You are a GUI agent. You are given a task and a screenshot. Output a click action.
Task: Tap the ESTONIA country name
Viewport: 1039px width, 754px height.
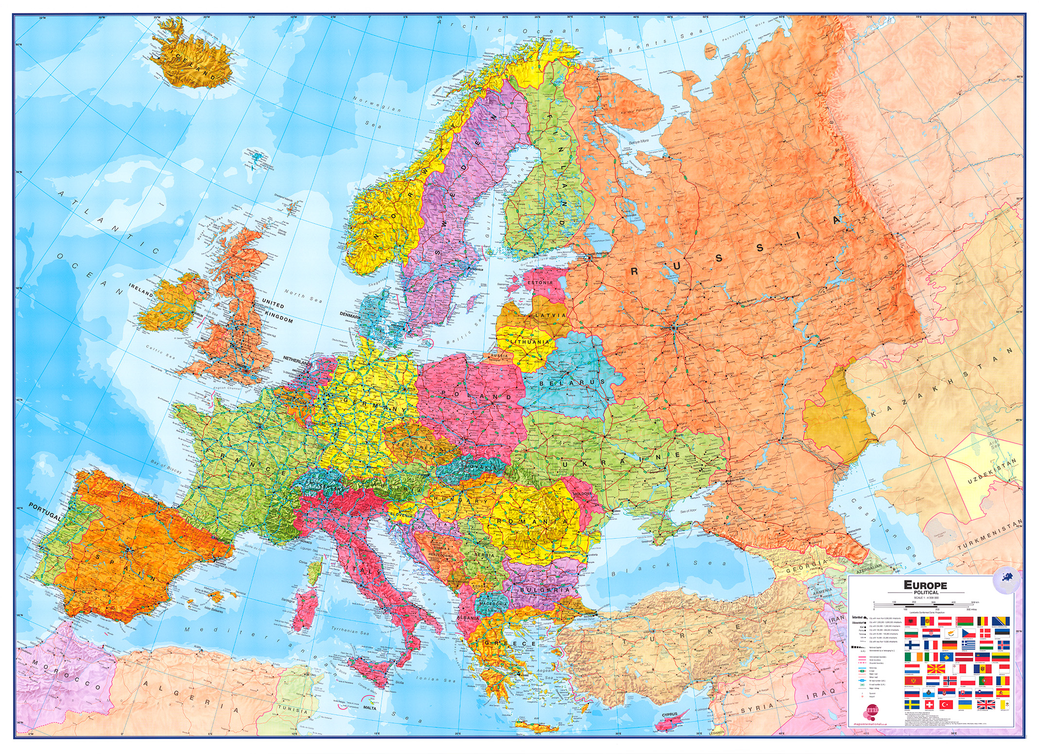(x=540, y=282)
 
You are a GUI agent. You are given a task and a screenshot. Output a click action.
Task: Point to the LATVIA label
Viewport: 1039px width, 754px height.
(x=551, y=315)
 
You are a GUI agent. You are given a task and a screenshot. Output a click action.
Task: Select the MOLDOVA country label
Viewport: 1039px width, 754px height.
(x=583, y=493)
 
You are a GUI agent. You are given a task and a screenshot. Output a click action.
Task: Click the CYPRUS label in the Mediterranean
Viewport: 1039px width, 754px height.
(x=669, y=715)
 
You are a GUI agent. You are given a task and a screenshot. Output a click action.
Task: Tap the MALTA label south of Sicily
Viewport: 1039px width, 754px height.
(x=369, y=708)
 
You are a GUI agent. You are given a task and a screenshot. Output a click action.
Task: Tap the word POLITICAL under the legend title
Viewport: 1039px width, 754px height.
(x=926, y=592)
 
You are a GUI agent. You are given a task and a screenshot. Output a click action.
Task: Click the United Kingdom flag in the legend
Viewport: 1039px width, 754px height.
(x=986, y=704)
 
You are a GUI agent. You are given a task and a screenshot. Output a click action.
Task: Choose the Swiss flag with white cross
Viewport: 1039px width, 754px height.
(x=930, y=704)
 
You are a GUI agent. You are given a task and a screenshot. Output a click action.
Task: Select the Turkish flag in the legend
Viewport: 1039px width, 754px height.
(x=946, y=704)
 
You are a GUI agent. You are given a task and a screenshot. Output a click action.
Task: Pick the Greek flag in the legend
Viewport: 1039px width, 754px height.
(x=969, y=645)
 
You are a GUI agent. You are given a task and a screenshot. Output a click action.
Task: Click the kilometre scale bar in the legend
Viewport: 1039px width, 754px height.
(x=924, y=604)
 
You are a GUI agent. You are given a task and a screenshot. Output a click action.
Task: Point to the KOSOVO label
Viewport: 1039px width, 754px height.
(x=480, y=586)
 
